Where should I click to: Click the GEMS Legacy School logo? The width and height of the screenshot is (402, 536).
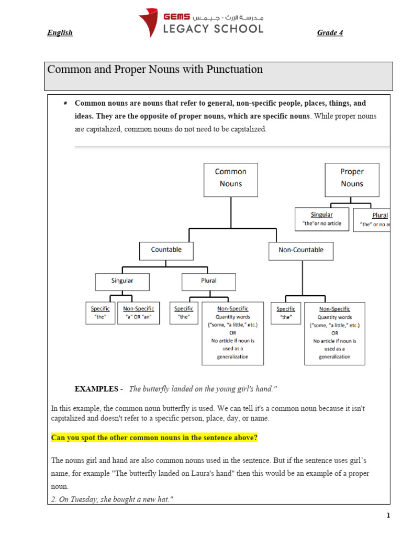[201, 22]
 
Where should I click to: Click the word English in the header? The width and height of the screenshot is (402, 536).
[60, 33]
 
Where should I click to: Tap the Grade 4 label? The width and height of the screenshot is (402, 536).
[330, 33]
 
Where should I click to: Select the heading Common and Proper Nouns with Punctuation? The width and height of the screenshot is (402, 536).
[155, 70]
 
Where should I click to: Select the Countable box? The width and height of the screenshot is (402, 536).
[166, 250]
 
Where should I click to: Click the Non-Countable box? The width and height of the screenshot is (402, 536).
[301, 250]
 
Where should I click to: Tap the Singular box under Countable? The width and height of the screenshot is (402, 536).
[122, 281]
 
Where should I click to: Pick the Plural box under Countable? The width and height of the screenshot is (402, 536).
[208, 281]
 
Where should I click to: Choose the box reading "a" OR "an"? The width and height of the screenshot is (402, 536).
[139, 313]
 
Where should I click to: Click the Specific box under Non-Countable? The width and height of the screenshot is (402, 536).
[286, 313]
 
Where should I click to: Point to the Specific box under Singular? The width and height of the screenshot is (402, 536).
[100, 313]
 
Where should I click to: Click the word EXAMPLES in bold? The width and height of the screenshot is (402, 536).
[97, 389]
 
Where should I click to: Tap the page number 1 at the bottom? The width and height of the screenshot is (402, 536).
[388, 516]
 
